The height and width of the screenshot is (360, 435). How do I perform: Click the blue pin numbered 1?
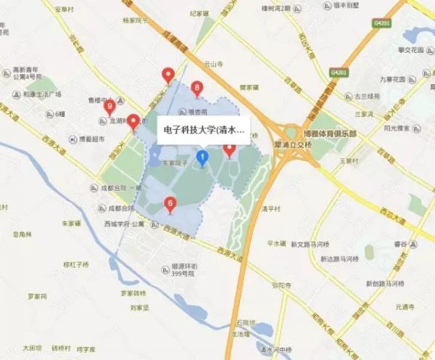coord(203,157)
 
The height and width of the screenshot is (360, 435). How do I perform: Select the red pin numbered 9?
coord(110,107)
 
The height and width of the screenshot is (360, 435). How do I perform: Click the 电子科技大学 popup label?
coord(202,131)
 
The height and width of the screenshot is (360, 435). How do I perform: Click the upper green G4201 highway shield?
coord(381,23)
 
